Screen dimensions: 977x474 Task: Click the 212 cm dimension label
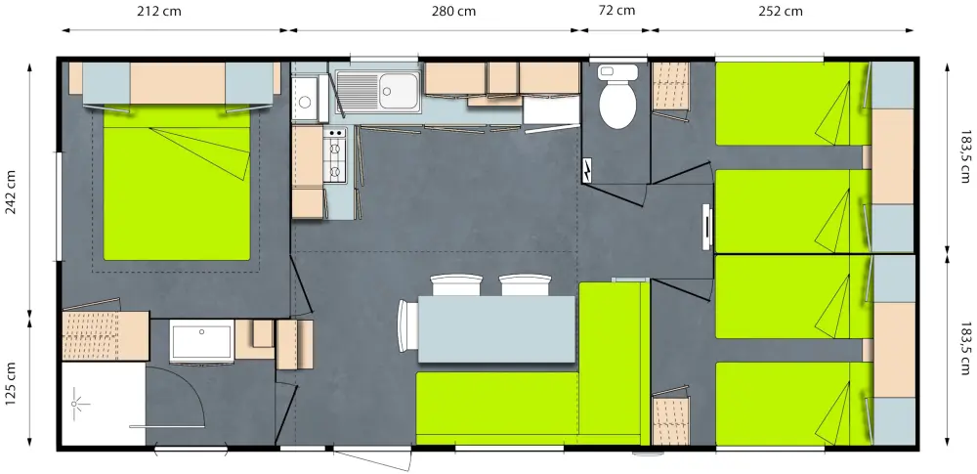160,11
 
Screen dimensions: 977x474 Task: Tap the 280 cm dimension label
453,11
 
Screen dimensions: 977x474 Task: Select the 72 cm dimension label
616,11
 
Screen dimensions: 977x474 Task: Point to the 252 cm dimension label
780,11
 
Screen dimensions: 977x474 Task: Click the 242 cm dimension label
12,193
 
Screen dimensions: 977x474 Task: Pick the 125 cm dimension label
12,383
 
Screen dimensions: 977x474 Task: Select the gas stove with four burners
335,155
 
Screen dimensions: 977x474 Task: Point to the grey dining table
496,328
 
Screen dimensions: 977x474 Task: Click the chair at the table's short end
407,326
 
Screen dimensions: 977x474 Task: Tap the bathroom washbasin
201,340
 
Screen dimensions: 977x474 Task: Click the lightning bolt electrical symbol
587,170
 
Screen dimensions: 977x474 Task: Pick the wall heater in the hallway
707,227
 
